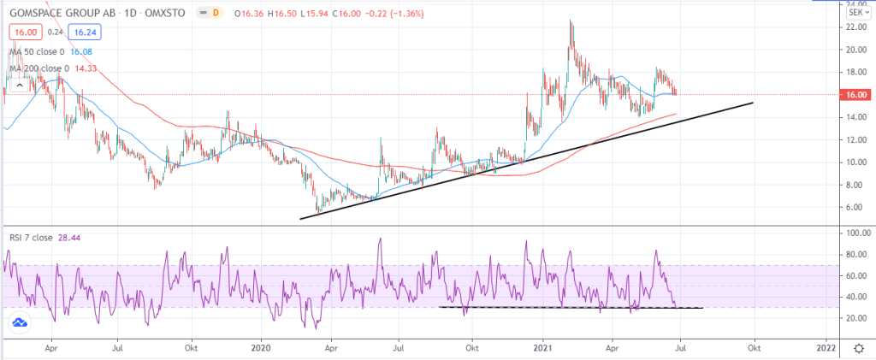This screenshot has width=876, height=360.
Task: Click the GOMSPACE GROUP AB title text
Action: (x=65, y=12)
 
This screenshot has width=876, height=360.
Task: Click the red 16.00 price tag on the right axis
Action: (x=858, y=95)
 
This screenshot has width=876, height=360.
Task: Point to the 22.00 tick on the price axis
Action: (x=853, y=27)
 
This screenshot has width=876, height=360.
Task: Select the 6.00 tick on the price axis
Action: (x=851, y=207)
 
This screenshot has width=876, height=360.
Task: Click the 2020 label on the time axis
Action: (x=260, y=349)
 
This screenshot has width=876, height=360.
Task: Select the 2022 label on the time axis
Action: (x=826, y=349)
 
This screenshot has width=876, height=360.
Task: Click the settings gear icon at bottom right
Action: (x=858, y=349)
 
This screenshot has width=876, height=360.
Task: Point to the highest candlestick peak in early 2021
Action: (x=571, y=21)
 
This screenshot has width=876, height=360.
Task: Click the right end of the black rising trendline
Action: (x=753, y=103)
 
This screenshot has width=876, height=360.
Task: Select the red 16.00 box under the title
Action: (x=24, y=32)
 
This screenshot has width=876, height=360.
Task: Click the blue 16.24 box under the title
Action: (x=83, y=32)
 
